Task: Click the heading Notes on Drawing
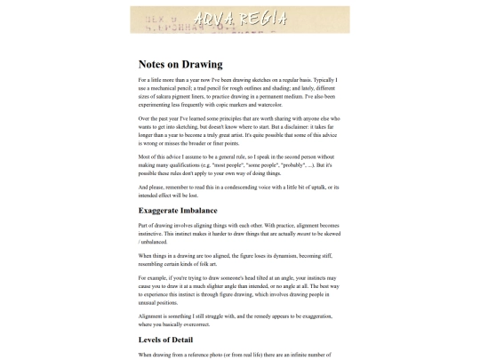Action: tap(180, 64)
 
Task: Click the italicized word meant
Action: tap(309, 234)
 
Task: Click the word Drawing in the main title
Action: tap(203, 64)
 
